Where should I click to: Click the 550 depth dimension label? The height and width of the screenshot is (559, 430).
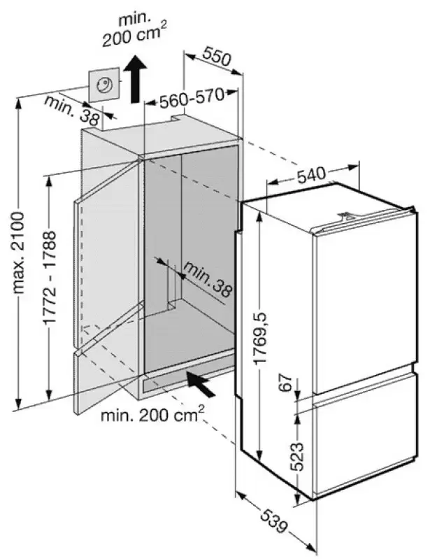[x=217, y=57]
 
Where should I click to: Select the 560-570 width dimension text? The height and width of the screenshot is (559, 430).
[x=192, y=97]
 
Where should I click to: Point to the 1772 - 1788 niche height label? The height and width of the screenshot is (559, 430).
[x=50, y=278]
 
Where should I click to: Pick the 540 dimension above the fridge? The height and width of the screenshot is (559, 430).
[x=311, y=175]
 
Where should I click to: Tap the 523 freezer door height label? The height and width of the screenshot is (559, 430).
[x=296, y=457]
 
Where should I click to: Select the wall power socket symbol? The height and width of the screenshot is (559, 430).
[x=104, y=85]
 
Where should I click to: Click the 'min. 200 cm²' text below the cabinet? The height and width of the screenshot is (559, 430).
[x=152, y=414]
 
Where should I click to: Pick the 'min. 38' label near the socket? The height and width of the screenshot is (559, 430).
[x=71, y=111]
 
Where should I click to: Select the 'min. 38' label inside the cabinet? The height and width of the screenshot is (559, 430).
[x=208, y=281]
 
